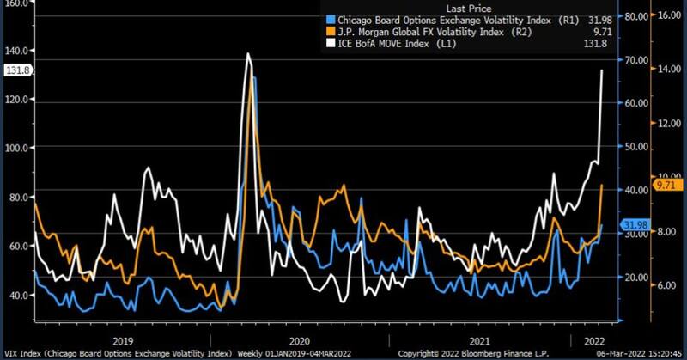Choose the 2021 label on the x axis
477,339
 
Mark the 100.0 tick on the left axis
18,147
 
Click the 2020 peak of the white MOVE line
248,54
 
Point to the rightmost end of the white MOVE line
601,70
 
